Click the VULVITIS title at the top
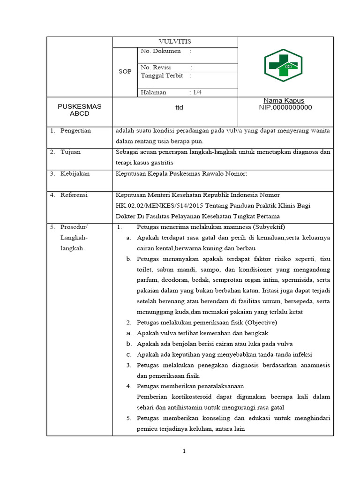click(175, 42)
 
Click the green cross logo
click(283, 65)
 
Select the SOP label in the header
click(125, 72)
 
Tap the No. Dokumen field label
click(160, 51)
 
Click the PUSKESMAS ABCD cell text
click(79, 110)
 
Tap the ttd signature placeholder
click(179, 108)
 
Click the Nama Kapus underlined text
click(284, 101)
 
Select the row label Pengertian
click(75, 131)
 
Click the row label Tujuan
click(70, 152)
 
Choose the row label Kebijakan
click(75, 173)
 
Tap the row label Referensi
click(74, 195)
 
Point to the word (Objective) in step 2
click(258, 322)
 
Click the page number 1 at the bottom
click(184, 451)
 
